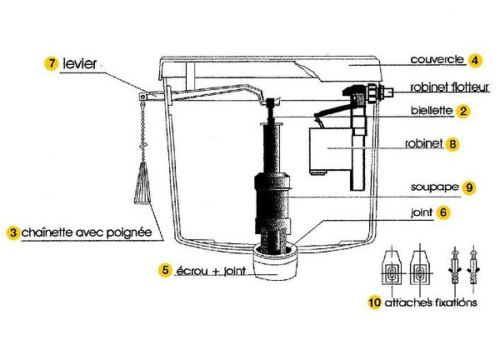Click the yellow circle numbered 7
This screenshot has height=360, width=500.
point(51,64)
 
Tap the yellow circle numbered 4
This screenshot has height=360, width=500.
point(475,60)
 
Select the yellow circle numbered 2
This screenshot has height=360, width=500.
point(463,112)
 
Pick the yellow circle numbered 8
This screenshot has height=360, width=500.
point(452,144)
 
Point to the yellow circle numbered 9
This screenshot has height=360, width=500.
point(468,187)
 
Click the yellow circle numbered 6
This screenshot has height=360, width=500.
point(443,212)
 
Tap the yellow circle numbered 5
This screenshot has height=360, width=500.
point(165,270)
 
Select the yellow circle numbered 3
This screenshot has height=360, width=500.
point(13,232)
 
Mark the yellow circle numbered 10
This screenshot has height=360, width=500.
point(375,302)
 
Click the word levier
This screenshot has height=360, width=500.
point(80,63)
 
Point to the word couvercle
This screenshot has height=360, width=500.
point(437,59)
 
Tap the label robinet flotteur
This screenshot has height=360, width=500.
point(450,87)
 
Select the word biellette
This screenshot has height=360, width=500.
point(432,110)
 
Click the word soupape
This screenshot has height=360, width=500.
point(435,187)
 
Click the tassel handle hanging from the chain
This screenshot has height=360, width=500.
point(142,183)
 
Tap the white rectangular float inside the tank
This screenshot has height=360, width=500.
point(330,151)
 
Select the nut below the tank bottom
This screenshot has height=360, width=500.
point(276,262)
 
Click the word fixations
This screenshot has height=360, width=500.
point(456,302)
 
